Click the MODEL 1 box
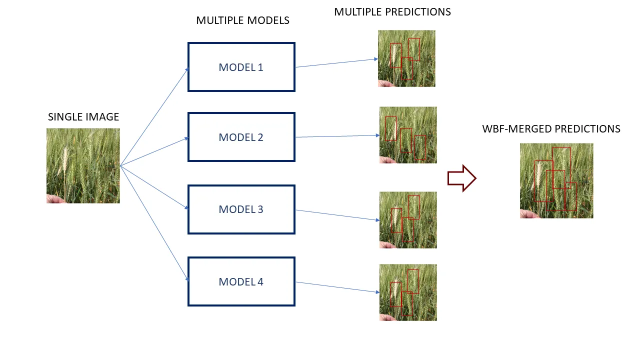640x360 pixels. tap(241, 67)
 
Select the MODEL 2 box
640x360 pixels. tap(241, 137)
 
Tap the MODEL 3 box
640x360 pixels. tap(241, 209)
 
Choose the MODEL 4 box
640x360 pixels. tap(241, 281)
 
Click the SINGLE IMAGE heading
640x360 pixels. tap(83, 117)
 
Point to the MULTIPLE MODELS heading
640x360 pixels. tap(242, 20)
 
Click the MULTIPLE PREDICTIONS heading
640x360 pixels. tap(392, 11)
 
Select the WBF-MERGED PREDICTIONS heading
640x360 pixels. tap(551, 129)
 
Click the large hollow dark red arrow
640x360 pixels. tap(461, 178)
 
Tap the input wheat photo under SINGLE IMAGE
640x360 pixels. tap(83, 165)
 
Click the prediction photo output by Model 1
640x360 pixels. tap(406, 58)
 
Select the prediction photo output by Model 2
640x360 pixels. tap(408, 135)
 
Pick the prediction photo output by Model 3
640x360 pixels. tap(408, 220)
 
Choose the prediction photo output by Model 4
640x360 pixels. tap(408, 292)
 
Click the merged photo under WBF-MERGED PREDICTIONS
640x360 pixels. tap(556, 180)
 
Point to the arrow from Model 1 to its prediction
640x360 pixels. tap(336, 63)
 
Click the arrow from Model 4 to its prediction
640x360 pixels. tap(336, 287)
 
